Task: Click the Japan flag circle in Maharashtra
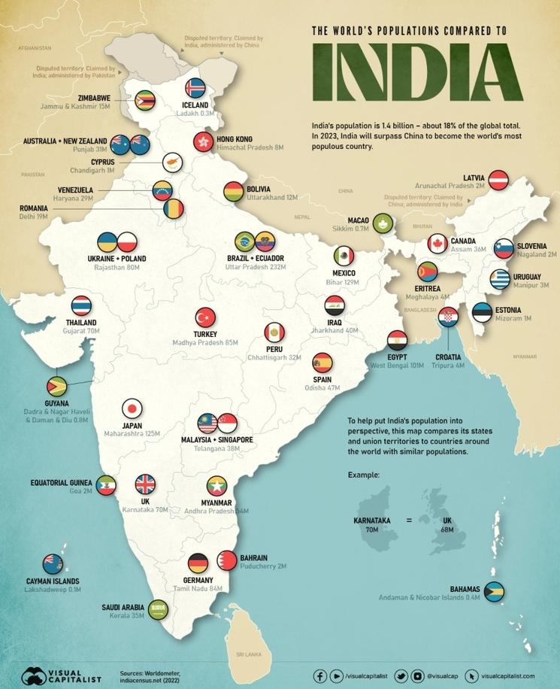pos(132,408)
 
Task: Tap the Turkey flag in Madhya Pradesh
pos(205,317)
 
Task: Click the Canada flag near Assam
pos(437,243)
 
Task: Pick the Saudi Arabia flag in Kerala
pos(159,609)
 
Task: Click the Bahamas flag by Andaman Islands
pos(494,591)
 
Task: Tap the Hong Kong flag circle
pos(203,141)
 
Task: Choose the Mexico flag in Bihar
pos(344,256)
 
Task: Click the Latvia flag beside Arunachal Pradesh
pos(498,179)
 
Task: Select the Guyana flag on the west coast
pos(56,386)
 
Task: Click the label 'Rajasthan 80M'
pos(117,267)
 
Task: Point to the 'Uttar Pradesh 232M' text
pos(256,267)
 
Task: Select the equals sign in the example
pos(409,520)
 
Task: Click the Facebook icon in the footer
pos(320,676)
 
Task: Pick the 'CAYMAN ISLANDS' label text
pos(52,581)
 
